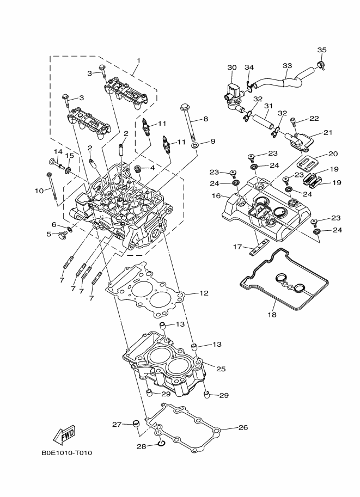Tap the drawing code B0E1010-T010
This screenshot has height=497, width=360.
tap(66, 452)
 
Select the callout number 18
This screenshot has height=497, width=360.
tap(272, 315)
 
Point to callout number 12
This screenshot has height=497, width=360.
tap(204, 293)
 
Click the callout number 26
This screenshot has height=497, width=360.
tap(243, 427)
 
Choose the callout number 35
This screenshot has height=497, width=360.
tap(322, 50)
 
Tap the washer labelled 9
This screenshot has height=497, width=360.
tap(195, 145)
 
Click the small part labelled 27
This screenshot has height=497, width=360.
tap(136, 423)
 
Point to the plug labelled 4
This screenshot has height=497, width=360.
tap(138, 169)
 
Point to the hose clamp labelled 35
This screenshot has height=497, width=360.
tap(321, 64)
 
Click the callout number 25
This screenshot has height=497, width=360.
tap(221, 369)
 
